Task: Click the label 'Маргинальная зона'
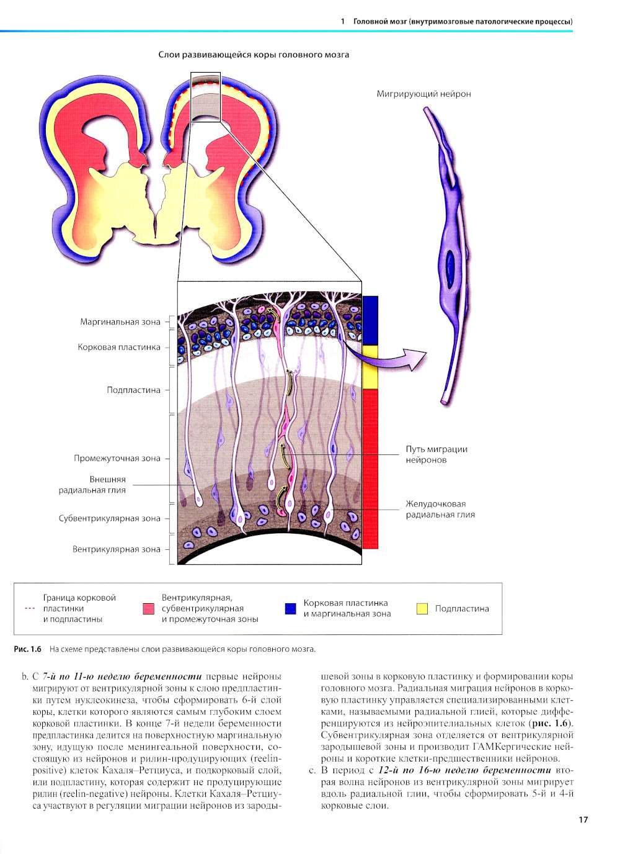tap(120, 321)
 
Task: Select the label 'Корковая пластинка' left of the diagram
tap(119, 347)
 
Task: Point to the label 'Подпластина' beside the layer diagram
tap(133, 390)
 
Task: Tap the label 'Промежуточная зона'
tap(117, 458)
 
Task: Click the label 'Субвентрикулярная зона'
tap(109, 518)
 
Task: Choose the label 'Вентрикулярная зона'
tap(116, 549)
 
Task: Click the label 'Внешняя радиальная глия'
tap(93, 485)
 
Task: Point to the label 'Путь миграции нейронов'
tap(436, 454)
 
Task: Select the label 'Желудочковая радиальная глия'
tap(440, 509)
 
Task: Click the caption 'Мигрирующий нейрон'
tap(423, 94)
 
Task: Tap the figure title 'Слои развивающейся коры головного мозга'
tap(254, 55)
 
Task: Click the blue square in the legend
tap(290, 608)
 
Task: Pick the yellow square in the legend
tap(422, 608)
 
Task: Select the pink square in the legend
tap(148, 608)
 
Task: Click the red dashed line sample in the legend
tap(30, 608)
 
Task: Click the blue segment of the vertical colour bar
tap(370, 320)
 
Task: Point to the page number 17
tap(583, 819)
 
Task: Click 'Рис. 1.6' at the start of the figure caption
tap(27, 649)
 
